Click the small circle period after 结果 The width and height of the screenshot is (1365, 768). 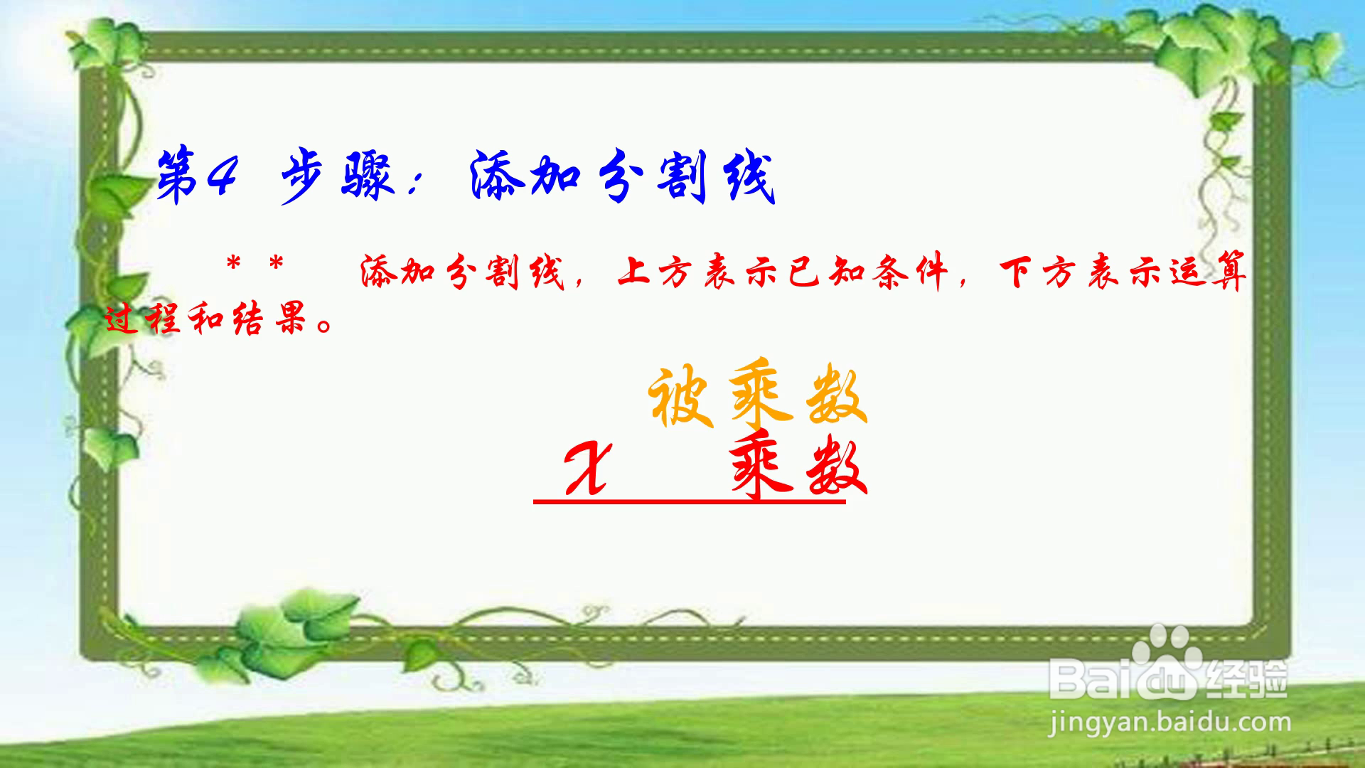point(325,327)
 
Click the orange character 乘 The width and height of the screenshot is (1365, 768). point(761,395)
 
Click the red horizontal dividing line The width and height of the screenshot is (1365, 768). point(690,502)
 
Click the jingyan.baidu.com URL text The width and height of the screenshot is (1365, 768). point(1169,723)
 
